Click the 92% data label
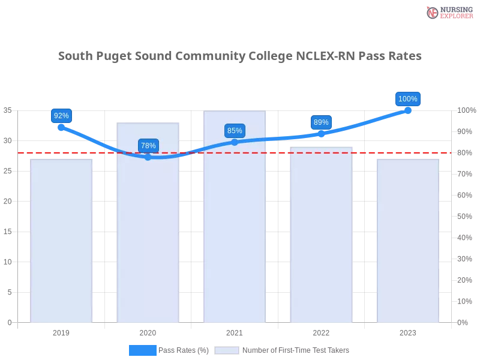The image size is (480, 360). (61, 116)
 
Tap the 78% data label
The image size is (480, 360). (148, 146)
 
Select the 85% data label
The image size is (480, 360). (235, 131)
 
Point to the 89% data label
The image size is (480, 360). (321, 122)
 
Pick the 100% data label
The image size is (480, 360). (408, 99)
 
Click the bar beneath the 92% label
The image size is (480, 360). (62, 240)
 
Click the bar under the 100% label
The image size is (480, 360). (408, 240)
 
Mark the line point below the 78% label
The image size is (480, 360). (148, 157)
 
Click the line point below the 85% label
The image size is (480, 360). (235, 142)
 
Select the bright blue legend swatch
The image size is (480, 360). (143, 350)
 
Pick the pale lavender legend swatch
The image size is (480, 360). (227, 350)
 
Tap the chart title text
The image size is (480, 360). (240, 56)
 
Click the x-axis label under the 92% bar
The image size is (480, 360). (62, 331)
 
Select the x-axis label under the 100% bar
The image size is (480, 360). (408, 331)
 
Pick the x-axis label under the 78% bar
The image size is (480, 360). (149, 331)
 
